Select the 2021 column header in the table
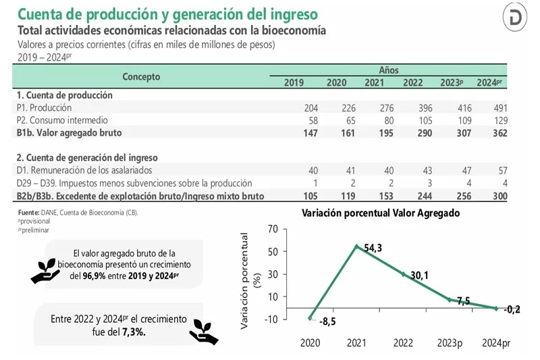click(375, 82)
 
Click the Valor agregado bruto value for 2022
click(412, 132)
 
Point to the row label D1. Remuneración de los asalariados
click(84, 170)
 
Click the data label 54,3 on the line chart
click(373, 248)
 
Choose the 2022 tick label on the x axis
click(403, 343)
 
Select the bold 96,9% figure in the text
click(97, 276)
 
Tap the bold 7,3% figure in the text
click(134, 333)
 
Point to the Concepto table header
click(141, 76)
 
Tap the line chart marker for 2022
click(403, 274)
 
